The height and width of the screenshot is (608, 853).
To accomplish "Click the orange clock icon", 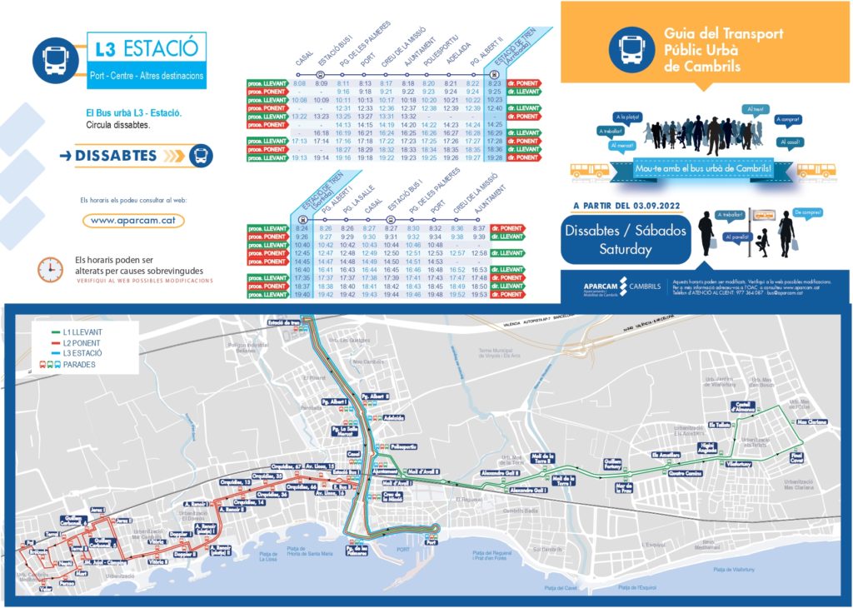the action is pyautogui.click(x=51, y=268).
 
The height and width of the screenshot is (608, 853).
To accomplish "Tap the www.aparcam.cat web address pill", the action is pyautogui.click(x=133, y=221).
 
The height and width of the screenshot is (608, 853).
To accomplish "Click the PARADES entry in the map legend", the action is pyautogui.click(x=79, y=364).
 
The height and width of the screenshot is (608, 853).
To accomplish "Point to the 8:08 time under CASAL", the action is pyautogui.click(x=300, y=84).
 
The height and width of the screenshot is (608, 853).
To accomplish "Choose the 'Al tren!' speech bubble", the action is pyautogui.click(x=756, y=109).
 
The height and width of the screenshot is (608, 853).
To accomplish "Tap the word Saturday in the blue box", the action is pyautogui.click(x=626, y=249).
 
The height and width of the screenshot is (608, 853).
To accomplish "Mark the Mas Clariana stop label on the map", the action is pyautogui.click(x=811, y=421).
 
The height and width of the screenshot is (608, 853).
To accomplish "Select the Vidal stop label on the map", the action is pyautogui.click(x=45, y=588).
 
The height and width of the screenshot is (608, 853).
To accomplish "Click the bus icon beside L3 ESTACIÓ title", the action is pyautogui.click(x=56, y=57).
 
